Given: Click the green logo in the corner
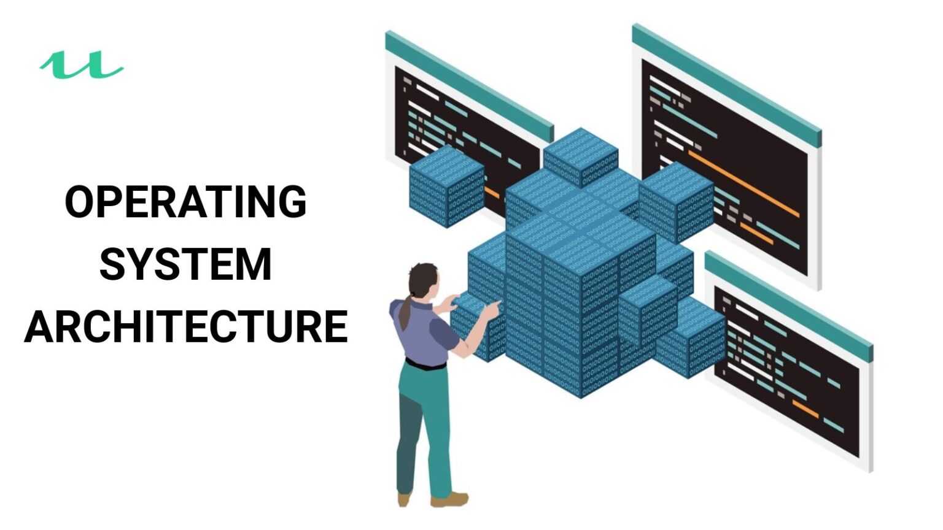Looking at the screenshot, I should click(x=82, y=65).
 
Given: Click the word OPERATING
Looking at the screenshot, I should click(x=185, y=202).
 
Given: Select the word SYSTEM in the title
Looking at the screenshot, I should click(x=185, y=264).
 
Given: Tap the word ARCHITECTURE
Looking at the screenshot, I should click(x=186, y=326).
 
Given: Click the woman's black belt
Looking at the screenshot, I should click(x=425, y=365).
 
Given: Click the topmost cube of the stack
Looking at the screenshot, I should click(x=580, y=156).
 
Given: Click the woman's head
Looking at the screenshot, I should click(x=424, y=279).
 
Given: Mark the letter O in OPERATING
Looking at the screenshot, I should click(x=81, y=202).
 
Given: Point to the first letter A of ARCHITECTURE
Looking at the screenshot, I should click(x=40, y=326).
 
